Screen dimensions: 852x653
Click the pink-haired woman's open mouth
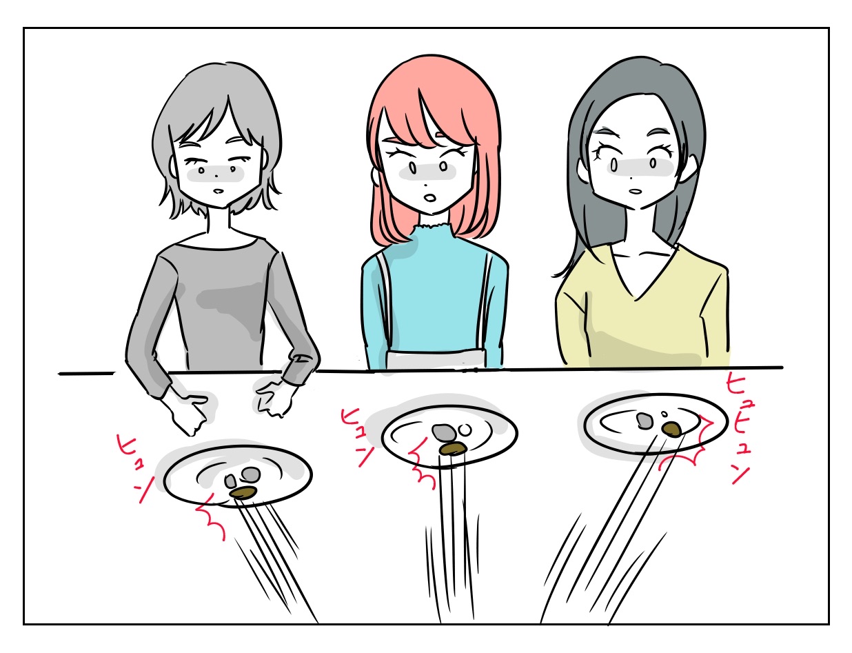(431, 197)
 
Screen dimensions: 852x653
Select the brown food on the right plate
(672, 428)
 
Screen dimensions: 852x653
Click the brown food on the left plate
(243, 492)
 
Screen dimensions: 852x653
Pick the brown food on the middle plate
(453, 449)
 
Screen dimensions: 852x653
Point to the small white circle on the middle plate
(465, 430)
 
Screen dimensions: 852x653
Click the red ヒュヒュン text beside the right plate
(738, 428)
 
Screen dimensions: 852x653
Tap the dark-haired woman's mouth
(635, 191)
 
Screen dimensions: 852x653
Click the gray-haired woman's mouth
(219, 191)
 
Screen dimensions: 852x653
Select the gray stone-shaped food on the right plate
(645, 421)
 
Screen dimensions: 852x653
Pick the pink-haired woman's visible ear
(376, 175)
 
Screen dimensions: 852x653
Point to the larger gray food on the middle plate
(444, 432)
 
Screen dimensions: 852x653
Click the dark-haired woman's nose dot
(631, 179)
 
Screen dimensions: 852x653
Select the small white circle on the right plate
(665, 414)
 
